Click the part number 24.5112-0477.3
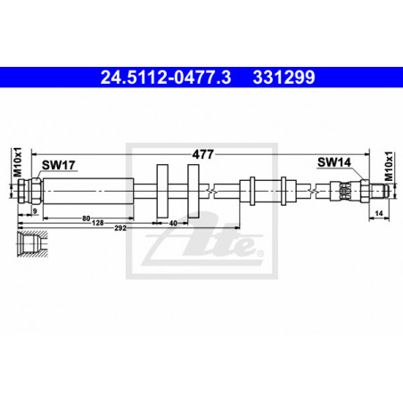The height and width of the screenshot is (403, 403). [166, 78]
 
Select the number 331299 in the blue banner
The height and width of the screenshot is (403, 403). [284, 78]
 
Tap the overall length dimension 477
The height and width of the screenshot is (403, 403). [203, 154]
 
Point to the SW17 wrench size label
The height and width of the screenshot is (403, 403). [59, 165]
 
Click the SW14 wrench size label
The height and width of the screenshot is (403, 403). [334, 162]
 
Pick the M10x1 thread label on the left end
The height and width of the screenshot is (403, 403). [19, 162]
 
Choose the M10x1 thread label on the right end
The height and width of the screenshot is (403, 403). [389, 166]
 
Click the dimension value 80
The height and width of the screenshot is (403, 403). [86, 218]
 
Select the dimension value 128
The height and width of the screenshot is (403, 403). [98, 223]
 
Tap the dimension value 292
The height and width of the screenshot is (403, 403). [120, 228]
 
